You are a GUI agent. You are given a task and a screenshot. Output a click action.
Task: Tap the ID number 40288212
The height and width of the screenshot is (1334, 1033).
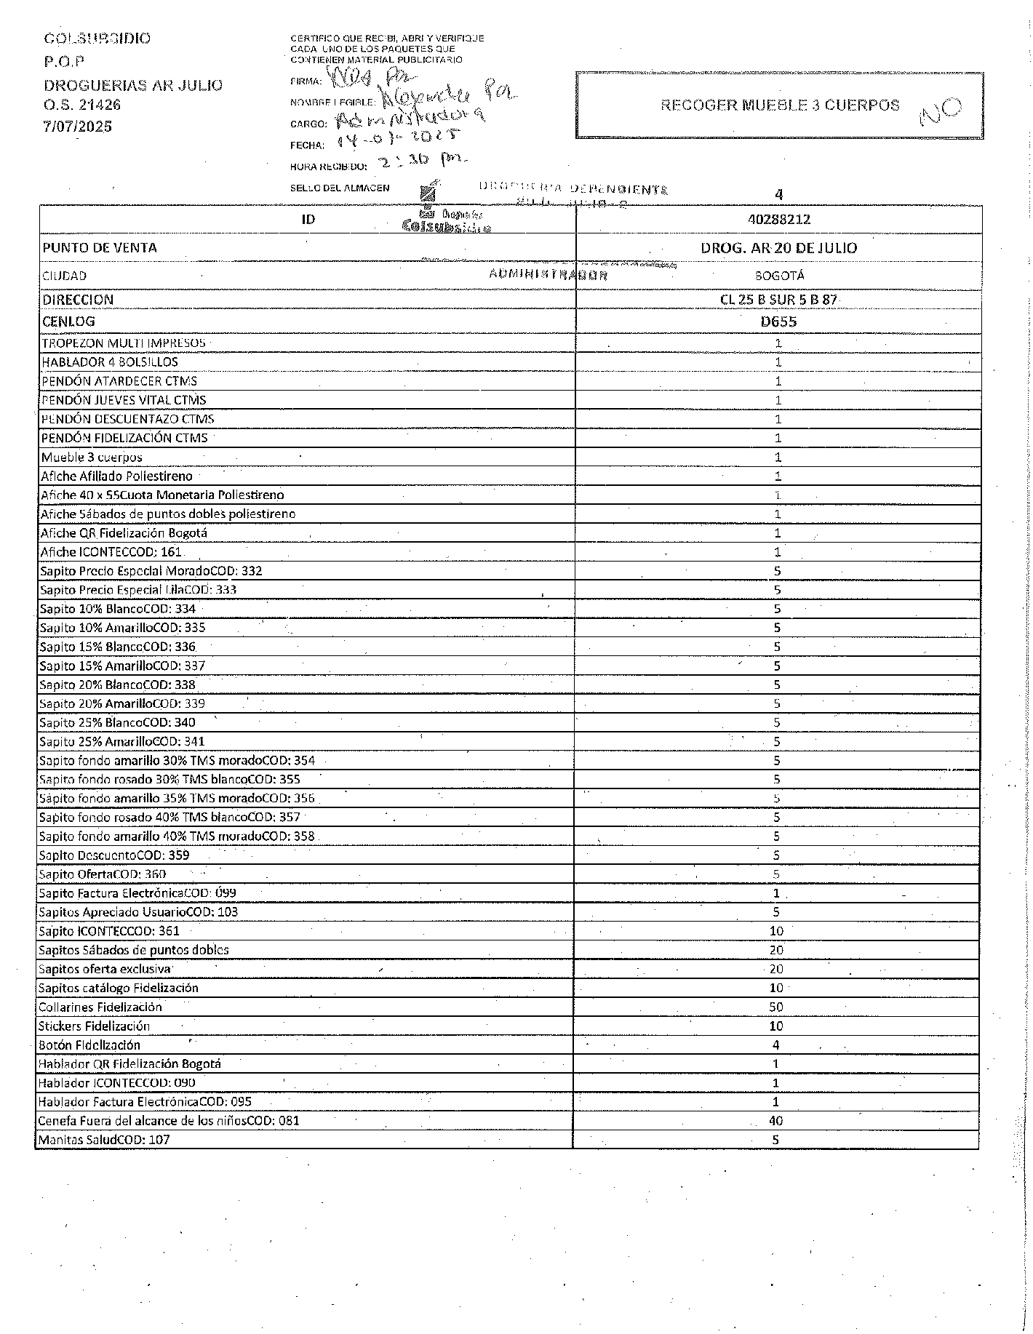[778, 219]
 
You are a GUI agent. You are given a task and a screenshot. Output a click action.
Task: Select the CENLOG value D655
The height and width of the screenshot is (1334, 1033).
[778, 321]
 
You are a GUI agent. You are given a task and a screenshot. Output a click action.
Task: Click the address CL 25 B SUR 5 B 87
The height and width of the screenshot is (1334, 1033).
[778, 299]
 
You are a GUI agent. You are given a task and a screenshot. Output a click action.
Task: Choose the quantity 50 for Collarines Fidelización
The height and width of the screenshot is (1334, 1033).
[776, 1007]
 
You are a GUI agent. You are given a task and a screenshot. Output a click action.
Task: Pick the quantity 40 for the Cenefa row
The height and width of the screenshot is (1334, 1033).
[775, 1121]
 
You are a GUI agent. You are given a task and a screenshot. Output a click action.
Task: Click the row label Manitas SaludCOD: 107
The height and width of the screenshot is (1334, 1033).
[104, 1140]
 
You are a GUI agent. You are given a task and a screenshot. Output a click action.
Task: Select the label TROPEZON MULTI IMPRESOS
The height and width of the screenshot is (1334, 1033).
[124, 343]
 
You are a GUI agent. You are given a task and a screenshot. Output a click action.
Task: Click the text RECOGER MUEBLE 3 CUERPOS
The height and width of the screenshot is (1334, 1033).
[780, 105]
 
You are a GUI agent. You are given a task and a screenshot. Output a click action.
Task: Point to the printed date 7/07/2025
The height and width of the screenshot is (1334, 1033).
[79, 127]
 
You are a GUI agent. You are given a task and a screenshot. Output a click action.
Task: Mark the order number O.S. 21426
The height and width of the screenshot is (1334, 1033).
[82, 105]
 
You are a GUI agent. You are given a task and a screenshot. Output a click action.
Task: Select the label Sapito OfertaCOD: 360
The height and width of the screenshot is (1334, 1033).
[103, 874]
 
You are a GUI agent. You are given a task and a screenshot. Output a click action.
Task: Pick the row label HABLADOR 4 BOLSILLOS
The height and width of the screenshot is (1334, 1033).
[110, 362]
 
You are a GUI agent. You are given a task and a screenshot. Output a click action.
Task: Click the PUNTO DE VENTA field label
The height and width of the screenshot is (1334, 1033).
[100, 247]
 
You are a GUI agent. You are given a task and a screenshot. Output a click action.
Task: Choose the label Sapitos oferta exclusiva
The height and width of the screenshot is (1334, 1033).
[105, 969]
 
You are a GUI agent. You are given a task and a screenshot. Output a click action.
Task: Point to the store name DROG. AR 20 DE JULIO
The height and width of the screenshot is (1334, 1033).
[778, 247]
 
